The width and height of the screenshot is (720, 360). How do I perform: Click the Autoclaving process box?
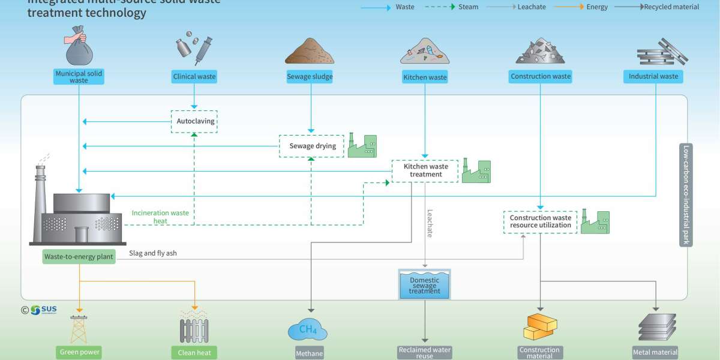tap(193, 121)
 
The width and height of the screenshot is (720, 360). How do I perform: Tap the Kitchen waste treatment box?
tap(425, 170)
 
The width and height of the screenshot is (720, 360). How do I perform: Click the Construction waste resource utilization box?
tap(540, 222)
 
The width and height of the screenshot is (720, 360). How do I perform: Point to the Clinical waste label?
tap(194, 77)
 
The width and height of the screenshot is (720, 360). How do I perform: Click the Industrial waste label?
tap(653, 77)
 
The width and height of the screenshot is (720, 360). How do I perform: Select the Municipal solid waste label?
tap(79, 77)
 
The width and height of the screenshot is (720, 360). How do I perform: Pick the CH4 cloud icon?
tap(308, 329)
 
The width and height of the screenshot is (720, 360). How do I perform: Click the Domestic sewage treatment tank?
tap(425, 285)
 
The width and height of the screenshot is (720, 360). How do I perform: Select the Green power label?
tap(79, 352)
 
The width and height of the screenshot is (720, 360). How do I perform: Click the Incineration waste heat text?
tap(160, 217)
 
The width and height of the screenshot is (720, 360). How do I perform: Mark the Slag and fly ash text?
tap(152, 254)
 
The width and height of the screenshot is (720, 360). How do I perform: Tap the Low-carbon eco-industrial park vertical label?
tap(685, 195)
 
